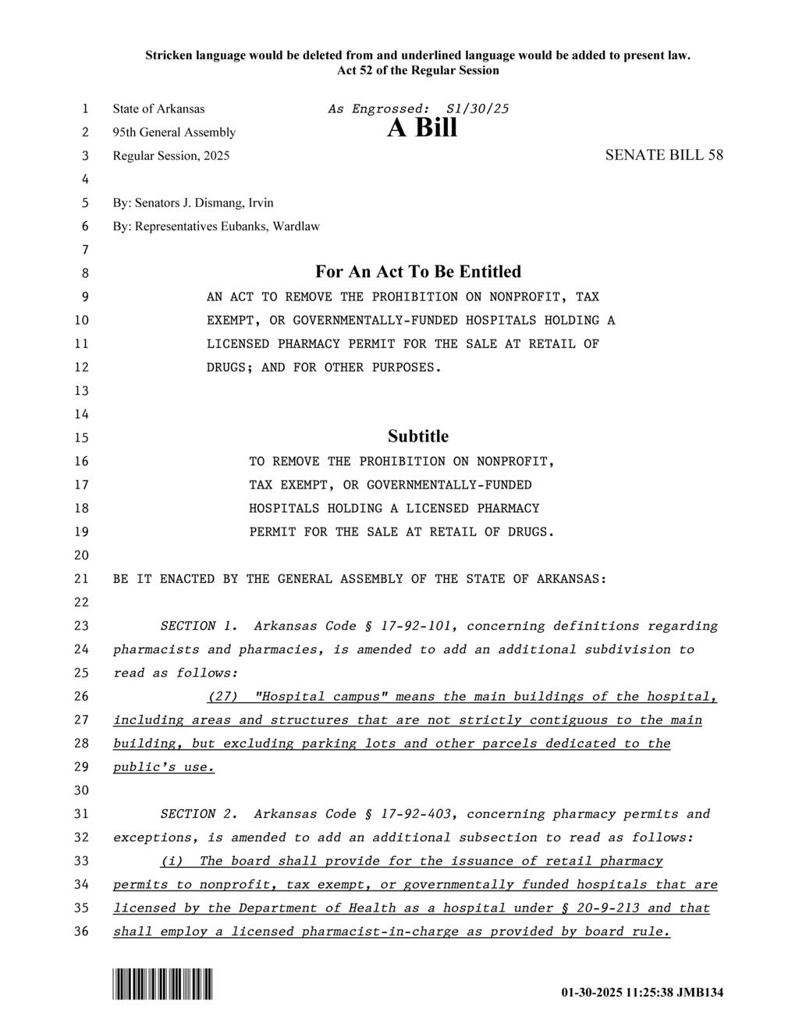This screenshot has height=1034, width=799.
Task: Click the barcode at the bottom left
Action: [x=162, y=983]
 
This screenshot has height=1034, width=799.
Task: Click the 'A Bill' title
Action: [x=422, y=128]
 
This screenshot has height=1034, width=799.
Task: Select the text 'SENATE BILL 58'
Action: [x=664, y=155]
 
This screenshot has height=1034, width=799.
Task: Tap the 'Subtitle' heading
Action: [x=418, y=436]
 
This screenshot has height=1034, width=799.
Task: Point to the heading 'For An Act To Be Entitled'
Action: [x=418, y=272]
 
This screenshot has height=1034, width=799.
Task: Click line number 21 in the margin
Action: [x=82, y=579]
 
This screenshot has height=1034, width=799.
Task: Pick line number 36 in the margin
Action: [x=82, y=932]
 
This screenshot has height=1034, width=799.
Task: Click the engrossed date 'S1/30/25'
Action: [x=477, y=108]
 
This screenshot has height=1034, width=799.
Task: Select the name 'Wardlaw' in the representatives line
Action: [x=297, y=226]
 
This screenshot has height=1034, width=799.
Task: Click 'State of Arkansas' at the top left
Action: [x=158, y=108]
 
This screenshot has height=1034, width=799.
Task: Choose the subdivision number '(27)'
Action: [x=222, y=697]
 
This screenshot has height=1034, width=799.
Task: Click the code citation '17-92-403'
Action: [x=420, y=814]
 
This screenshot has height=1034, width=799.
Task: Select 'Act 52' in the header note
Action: [x=355, y=70]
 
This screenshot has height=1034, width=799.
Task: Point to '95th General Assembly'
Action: [x=174, y=133]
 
